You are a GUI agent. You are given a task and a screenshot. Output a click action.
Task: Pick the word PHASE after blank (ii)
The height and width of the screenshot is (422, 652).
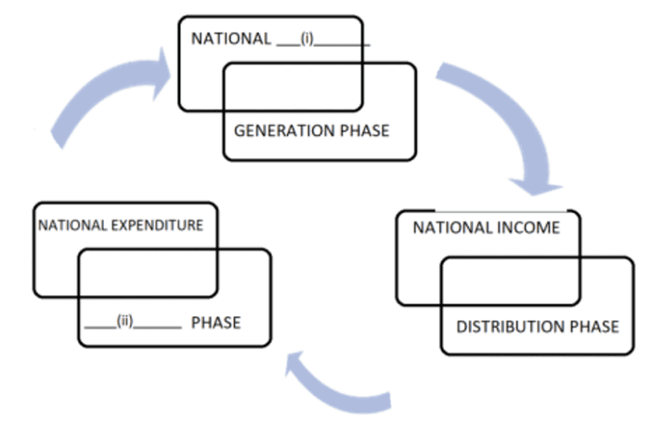pos(216,323)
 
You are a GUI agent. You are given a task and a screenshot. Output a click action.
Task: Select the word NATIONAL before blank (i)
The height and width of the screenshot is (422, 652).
pos(231,40)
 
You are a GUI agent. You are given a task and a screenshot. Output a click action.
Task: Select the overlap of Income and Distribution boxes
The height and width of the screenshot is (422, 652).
pos(510,280)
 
